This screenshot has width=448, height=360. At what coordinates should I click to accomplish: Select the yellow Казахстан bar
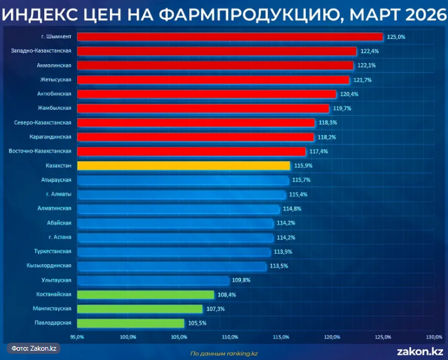point(184,166)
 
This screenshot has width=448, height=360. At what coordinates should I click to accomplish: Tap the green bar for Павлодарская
point(130,323)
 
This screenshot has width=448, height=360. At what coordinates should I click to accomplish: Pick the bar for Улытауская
point(153,280)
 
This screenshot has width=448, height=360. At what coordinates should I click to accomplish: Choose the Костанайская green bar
point(145,295)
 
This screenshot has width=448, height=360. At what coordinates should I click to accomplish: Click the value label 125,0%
point(396,37)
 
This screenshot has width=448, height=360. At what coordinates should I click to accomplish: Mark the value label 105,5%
point(197,323)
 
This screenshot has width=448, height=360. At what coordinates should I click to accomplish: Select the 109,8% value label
point(241,280)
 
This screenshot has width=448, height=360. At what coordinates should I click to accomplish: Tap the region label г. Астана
point(59,237)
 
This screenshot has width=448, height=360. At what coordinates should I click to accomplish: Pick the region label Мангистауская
point(53,309)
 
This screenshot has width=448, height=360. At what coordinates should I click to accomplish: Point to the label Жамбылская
point(55,108)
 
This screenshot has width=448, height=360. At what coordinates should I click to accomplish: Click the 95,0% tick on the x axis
point(77,337)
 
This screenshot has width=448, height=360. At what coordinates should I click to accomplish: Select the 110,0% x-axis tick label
point(230,337)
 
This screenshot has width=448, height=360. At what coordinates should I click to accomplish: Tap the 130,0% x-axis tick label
point(434,337)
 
